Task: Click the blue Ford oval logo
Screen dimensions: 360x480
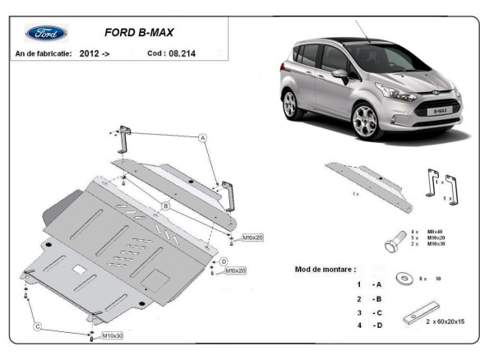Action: pyautogui.click(x=47, y=34)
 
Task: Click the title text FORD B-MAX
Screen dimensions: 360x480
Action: pyautogui.click(x=138, y=34)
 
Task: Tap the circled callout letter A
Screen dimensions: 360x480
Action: pyautogui.click(x=202, y=139)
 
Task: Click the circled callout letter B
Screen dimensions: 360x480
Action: pyautogui.click(x=165, y=205)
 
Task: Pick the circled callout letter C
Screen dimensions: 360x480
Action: pyautogui.click(x=37, y=327)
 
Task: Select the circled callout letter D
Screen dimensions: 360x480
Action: pyautogui.click(x=223, y=261)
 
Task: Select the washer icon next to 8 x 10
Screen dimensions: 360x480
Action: pyautogui.click(x=404, y=279)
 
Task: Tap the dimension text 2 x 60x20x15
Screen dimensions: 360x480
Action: pyautogui.click(x=443, y=321)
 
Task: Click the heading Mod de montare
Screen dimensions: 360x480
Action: pyautogui.click(x=325, y=269)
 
